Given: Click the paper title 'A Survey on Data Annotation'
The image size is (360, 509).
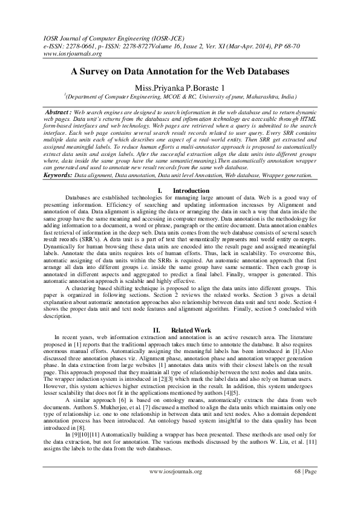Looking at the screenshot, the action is coord(180,71).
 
